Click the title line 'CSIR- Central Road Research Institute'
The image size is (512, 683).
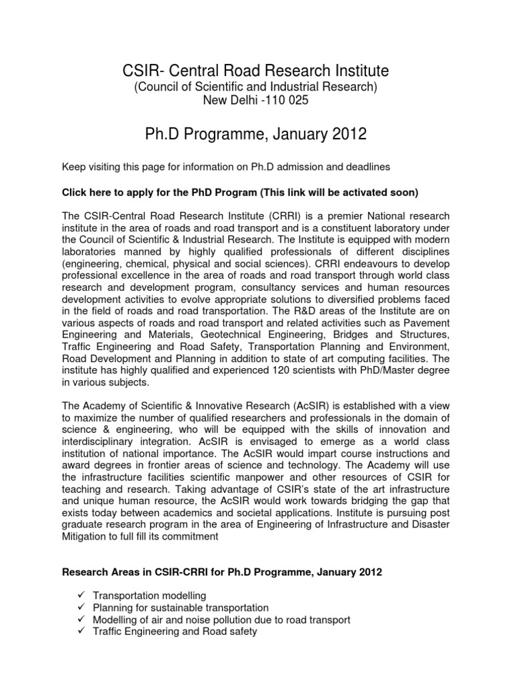256,70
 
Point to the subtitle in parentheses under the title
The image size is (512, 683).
256,87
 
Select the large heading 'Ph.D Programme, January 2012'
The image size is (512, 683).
256,134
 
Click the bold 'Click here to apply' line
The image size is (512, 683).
240,193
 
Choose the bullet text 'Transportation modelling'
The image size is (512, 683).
149,596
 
